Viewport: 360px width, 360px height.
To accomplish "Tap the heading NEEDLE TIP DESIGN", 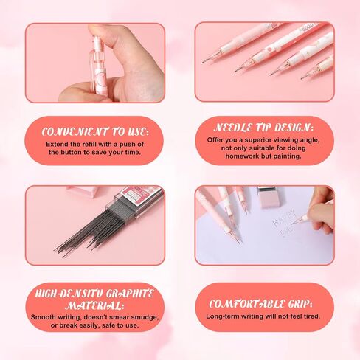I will point(264,126).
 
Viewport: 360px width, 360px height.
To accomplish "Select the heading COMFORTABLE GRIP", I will point(263,302).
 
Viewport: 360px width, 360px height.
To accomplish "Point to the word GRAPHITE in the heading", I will point(125,293).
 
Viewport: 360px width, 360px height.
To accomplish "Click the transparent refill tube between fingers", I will point(97,63).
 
